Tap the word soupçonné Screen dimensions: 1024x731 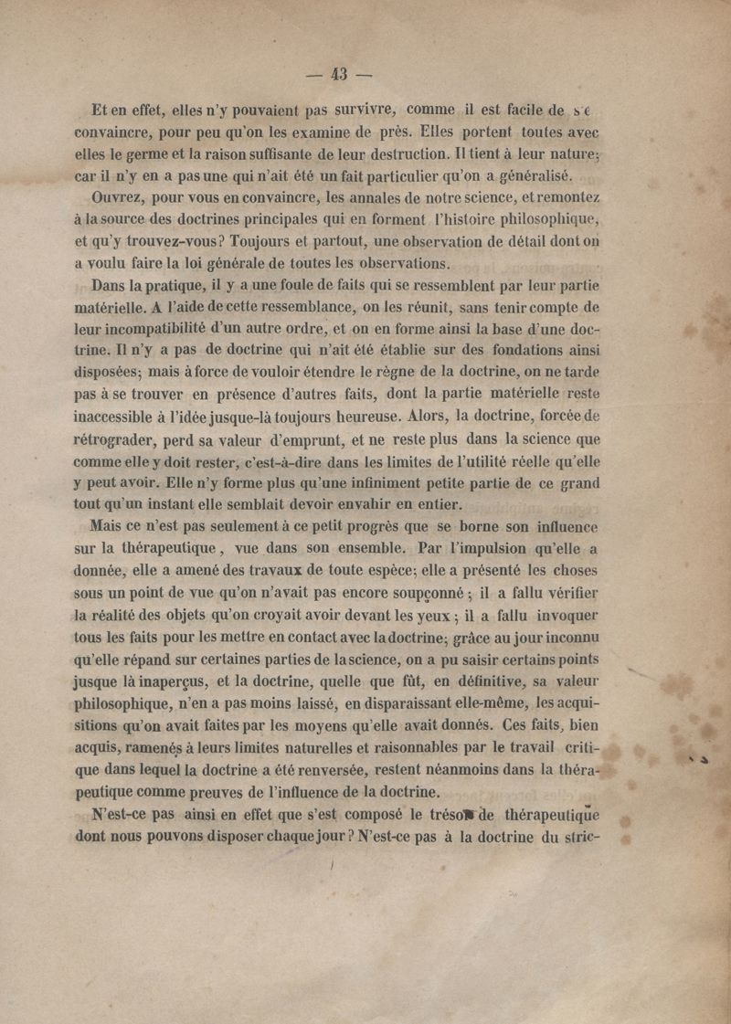[x=437, y=593]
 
